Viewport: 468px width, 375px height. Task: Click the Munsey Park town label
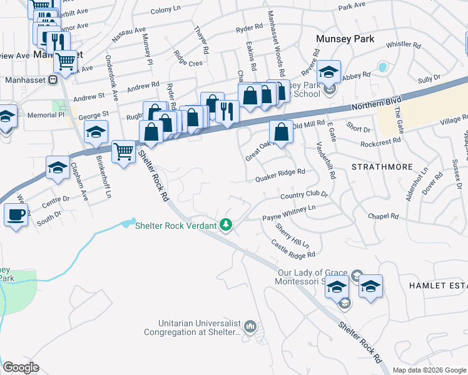pos(345,39)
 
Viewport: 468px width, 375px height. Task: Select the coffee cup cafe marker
pos(16,215)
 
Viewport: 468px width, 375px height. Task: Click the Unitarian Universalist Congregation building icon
pos(250,326)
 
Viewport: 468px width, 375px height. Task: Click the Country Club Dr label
pos(304,195)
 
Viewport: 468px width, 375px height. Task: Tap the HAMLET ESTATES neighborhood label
pos(438,285)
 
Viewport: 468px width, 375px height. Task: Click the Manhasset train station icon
pos(53,80)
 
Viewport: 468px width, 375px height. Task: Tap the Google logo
pos(21,367)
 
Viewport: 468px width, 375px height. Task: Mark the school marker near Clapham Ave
pos(58,167)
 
